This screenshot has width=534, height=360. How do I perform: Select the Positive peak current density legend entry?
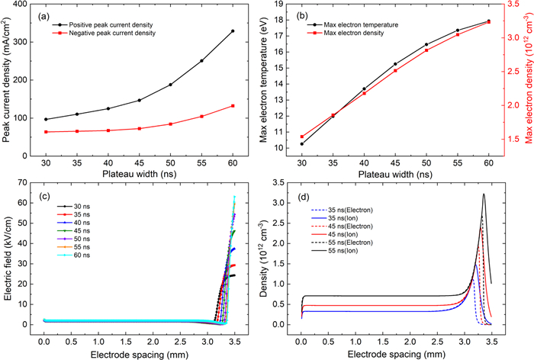click(108, 23)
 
